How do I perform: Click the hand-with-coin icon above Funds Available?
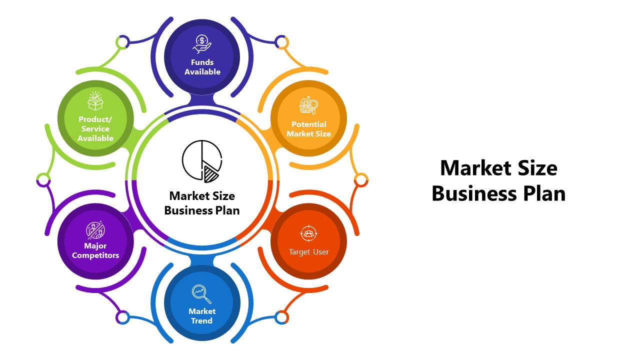click(202, 44)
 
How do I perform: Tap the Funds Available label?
click(202, 67)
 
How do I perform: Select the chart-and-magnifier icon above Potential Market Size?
click(308, 105)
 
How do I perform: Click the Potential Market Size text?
click(308, 129)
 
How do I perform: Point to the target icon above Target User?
click(308, 233)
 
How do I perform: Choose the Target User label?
click(308, 252)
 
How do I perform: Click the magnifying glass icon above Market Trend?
click(201, 294)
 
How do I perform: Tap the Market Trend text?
click(202, 316)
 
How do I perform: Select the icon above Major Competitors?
click(95, 230)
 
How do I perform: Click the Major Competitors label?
click(95, 250)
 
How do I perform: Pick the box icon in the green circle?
click(95, 101)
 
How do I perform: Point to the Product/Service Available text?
click(95, 128)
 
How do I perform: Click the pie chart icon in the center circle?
click(202, 160)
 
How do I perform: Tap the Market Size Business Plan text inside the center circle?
click(202, 203)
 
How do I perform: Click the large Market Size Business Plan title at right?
click(498, 180)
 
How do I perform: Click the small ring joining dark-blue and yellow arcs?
click(282, 42)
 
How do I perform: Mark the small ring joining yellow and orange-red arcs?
click(360, 179)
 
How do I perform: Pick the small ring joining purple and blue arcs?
click(122, 317)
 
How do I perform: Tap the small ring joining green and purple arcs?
click(43, 179)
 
